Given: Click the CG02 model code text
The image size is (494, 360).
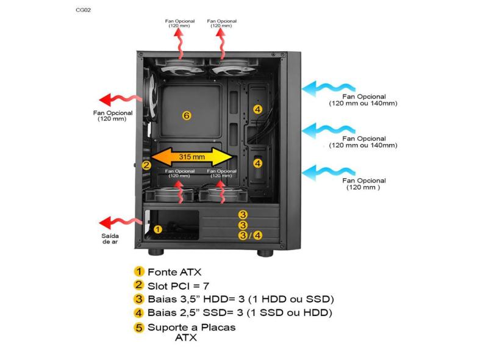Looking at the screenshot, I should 83,10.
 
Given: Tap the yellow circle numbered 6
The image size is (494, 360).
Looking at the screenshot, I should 187,115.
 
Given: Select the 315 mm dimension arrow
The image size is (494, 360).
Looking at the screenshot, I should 192,157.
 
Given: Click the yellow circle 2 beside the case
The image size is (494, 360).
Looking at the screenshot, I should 146,165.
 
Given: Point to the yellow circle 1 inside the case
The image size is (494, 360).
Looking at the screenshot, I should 157,229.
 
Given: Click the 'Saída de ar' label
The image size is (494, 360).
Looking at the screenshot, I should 110,239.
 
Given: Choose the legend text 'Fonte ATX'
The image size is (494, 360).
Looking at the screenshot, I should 174,272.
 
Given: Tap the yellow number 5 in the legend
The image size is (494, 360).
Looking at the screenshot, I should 139,328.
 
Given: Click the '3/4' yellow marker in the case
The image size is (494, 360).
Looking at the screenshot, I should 250,235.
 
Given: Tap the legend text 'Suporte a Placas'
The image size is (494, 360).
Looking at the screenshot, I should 192,327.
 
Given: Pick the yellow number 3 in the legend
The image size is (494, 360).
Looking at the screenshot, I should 139,299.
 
